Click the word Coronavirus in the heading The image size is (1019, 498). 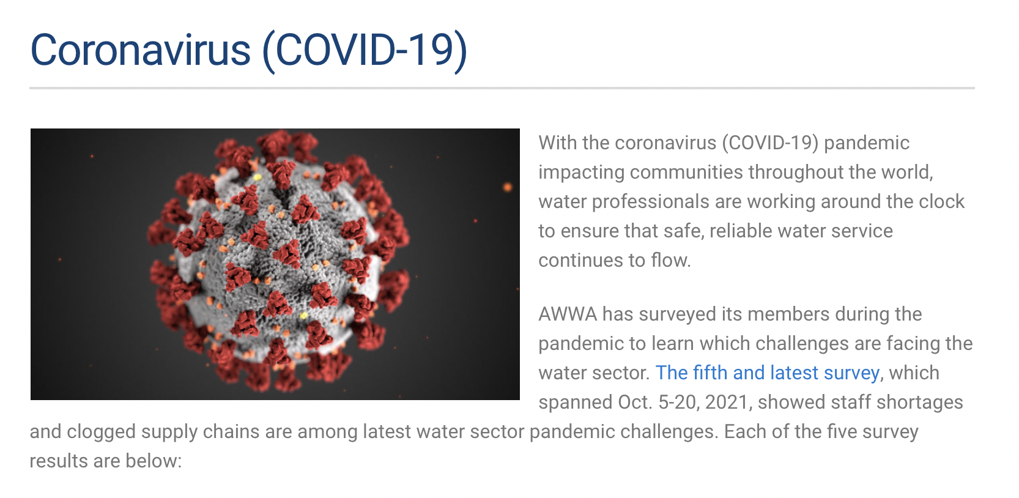(140, 50)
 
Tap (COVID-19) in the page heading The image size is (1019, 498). (365, 51)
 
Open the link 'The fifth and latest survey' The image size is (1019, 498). (768, 373)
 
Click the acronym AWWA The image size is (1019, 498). (567, 314)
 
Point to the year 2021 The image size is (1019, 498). (727, 403)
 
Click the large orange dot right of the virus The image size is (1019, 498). (507, 187)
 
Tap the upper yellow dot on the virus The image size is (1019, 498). (257, 177)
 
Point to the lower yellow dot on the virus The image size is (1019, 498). (304, 315)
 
